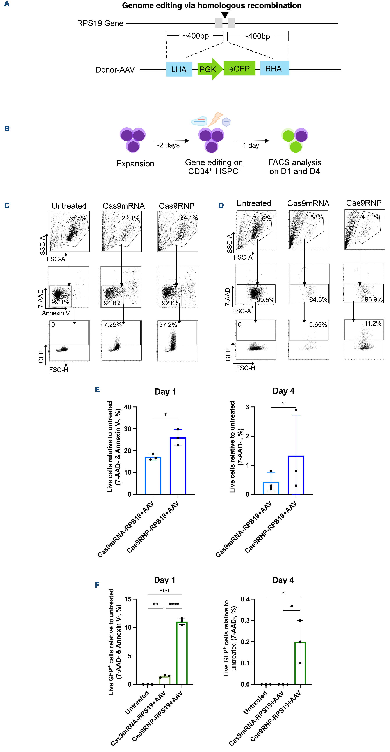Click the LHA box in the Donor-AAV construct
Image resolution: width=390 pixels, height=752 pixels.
pyautogui.click(x=179, y=69)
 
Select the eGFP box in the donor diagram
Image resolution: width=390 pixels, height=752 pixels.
pyautogui.click(x=239, y=69)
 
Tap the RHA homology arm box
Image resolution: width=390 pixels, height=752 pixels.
pyautogui.click(x=274, y=69)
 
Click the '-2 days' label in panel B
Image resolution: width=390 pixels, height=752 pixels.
pyautogui.click(x=168, y=145)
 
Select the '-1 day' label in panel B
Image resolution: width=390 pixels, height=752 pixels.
pyautogui.click(x=250, y=145)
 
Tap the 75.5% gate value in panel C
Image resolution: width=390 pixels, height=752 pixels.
pyautogui.click(x=77, y=218)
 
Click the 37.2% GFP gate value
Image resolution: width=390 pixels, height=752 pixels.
pyautogui.click(x=168, y=325)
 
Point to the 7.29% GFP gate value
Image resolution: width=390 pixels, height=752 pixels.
pyautogui.click(x=113, y=325)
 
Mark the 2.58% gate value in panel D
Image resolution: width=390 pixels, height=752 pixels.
pyautogui.click(x=314, y=217)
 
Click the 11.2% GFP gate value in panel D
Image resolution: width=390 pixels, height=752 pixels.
pyautogui.click(x=373, y=323)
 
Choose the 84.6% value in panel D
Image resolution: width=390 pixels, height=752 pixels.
pyautogui.click(x=318, y=299)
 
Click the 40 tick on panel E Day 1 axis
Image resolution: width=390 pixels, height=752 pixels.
pyautogui.click(x=128, y=407)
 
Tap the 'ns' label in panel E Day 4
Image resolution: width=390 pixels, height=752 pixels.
pyautogui.click(x=283, y=403)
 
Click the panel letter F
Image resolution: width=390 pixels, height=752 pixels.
pyautogui.click(x=97, y=585)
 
